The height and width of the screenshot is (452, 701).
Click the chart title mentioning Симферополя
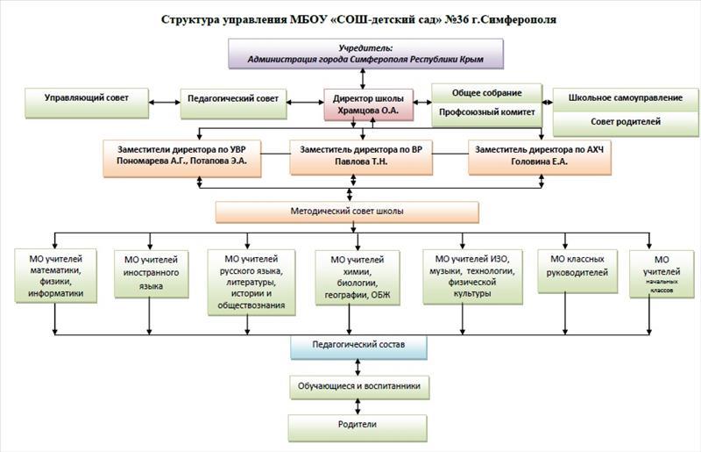(x=358, y=18)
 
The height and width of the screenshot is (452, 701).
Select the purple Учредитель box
(x=365, y=54)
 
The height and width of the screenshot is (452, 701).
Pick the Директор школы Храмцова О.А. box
(x=367, y=104)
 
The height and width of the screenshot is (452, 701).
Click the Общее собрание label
(x=487, y=93)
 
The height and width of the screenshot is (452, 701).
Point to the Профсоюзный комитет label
(x=487, y=113)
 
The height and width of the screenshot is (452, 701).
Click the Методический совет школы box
(x=347, y=212)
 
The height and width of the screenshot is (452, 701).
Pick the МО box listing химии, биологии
(x=358, y=277)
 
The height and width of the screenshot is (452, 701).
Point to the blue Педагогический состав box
(x=358, y=347)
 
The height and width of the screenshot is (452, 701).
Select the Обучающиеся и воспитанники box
(x=360, y=385)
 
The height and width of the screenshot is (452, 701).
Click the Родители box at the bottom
(x=360, y=425)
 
